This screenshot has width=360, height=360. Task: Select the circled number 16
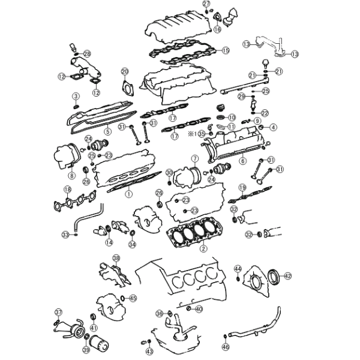click(x=217, y=28)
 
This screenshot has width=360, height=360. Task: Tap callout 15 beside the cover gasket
click(x=226, y=50)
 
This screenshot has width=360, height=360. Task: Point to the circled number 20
click(x=125, y=72)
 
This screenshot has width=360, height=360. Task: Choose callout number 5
click(x=107, y=131)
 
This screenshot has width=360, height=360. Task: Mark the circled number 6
click(x=242, y=161)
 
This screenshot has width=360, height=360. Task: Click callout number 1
click(x=128, y=194)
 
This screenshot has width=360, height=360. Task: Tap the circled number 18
click(x=67, y=190)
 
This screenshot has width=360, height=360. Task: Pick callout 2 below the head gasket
click(x=203, y=248)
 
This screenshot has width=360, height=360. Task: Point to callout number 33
click(x=65, y=234)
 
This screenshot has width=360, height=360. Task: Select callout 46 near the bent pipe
click(x=226, y=347)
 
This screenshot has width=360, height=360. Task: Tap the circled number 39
click(x=86, y=350)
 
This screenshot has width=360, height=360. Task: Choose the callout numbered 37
click(x=58, y=313)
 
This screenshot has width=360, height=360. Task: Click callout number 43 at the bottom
click(x=149, y=352)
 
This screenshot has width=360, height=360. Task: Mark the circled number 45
click(x=133, y=298)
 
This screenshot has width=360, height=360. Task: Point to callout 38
click(x=116, y=258)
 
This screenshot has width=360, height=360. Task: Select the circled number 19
click(x=242, y=187)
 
